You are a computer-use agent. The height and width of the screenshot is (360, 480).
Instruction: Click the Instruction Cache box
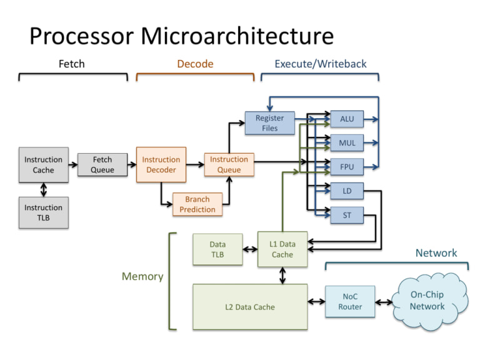[43, 165]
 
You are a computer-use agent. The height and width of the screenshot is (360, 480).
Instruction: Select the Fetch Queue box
[102, 165]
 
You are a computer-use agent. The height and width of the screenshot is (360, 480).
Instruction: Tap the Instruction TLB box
[43, 212]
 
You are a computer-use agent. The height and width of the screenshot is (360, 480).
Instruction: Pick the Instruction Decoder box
[161, 165]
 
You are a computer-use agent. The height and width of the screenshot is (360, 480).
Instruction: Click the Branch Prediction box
[197, 204]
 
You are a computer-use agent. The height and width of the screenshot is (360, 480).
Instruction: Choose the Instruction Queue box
[229, 165]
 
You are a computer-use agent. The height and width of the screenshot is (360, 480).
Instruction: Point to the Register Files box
[270, 123]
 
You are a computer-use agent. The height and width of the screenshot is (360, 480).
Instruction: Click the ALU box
[346, 119]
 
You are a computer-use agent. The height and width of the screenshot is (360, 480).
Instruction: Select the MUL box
[346, 143]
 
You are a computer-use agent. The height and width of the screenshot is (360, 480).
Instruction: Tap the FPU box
[346, 167]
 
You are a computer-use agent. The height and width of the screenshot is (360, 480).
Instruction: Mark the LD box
[346, 191]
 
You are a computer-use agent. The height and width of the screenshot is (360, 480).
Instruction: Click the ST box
[346, 216]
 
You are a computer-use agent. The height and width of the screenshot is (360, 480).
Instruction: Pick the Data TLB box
[217, 249]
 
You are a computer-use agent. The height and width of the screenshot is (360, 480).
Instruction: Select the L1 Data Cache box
[282, 249]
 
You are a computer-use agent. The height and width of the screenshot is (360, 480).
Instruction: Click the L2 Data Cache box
[250, 307]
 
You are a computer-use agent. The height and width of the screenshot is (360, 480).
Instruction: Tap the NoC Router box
[350, 302]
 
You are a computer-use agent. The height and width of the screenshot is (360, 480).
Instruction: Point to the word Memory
[142, 276]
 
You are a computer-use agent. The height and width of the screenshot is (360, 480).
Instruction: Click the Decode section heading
[195, 64]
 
